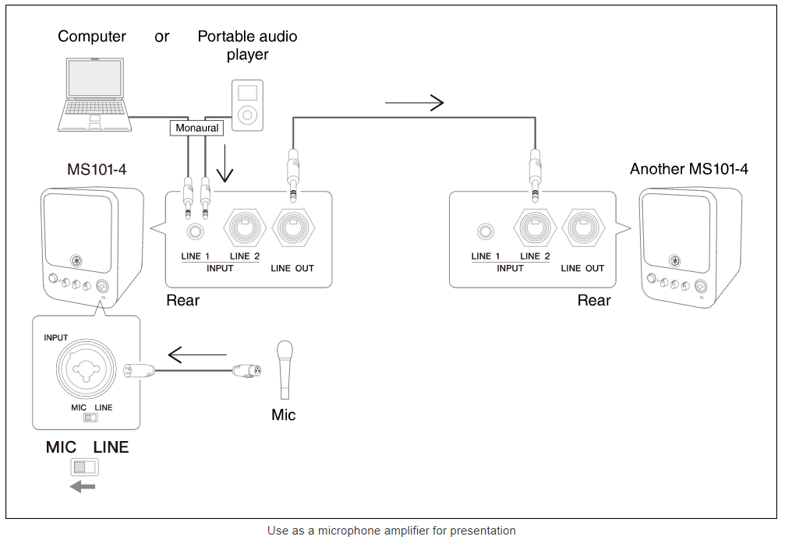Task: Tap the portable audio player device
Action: [x=247, y=105]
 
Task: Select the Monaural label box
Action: [x=196, y=128]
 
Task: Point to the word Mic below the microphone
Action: [x=284, y=415]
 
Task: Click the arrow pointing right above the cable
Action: [x=414, y=102]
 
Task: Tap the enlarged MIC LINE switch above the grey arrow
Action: [x=84, y=468]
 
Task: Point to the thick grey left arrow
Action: [x=82, y=487]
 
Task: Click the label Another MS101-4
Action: [x=688, y=169]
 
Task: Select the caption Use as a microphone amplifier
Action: [x=391, y=531]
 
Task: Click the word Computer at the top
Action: [x=92, y=37]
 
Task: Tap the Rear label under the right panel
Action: [x=594, y=301]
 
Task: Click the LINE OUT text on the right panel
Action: [x=582, y=268]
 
